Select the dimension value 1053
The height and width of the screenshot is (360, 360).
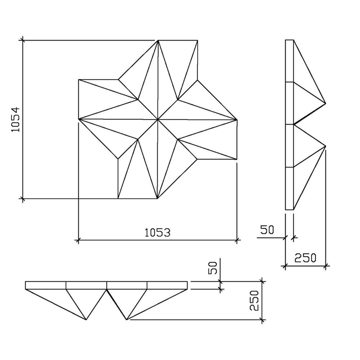pyautogui.click(x=157, y=233)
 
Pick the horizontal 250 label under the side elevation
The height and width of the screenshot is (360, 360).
pyautogui.click(x=305, y=258)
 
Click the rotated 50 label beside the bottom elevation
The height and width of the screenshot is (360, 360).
pyautogui.click(x=212, y=268)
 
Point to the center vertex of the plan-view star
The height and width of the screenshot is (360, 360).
pyautogui.click(x=158, y=119)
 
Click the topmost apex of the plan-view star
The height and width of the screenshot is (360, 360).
pyautogui.click(x=158, y=40)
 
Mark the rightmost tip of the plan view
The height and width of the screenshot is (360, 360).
pyautogui.click(x=237, y=119)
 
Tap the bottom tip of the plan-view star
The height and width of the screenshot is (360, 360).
pyautogui.click(x=157, y=198)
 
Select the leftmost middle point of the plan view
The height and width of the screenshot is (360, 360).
pyautogui.click(x=78, y=119)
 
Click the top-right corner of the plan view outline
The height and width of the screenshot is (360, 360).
pyautogui.click(x=197, y=40)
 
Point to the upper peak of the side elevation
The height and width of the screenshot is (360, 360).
pyautogui.click(x=325, y=103)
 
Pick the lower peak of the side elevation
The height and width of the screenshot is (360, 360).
pyautogui.click(x=325, y=146)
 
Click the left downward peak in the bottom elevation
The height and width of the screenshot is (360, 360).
pyautogui.click(x=86, y=319)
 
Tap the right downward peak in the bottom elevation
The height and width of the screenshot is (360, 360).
pyautogui.click(x=127, y=319)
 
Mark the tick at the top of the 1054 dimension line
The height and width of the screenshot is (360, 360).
pyautogui.click(x=23, y=40)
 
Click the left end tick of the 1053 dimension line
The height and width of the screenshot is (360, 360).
pyautogui.click(x=78, y=239)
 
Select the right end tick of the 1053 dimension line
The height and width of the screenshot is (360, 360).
pyautogui.click(x=237, y=239)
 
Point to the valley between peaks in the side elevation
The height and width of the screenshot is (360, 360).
pyautogui.click(x=294, y=125)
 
